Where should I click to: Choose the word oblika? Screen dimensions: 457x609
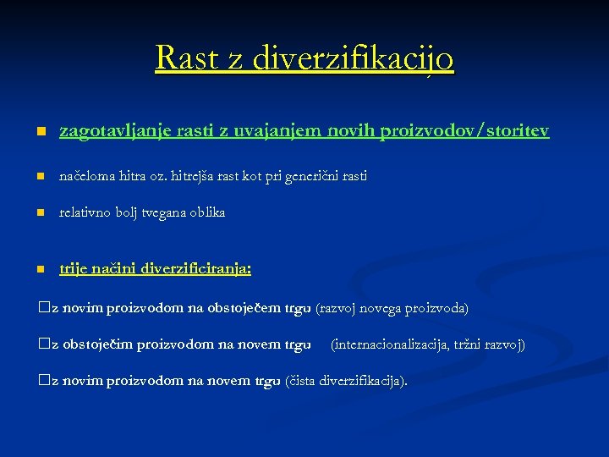coord(208,212)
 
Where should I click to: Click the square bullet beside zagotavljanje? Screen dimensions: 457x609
coord(40,133)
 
